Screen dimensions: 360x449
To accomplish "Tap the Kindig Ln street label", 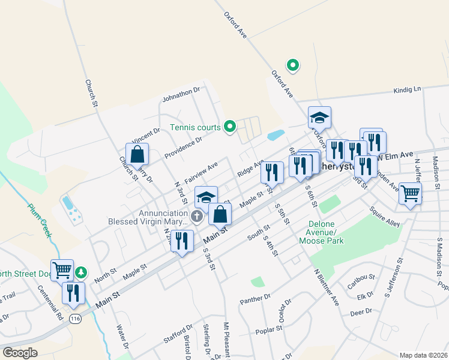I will coord(408,90).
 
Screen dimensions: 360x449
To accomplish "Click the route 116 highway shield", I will coord(74,317).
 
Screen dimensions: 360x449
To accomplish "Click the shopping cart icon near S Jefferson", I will coord(411,194).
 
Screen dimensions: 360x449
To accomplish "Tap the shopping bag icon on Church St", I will coord(137,154).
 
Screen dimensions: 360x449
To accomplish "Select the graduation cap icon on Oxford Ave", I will coord(320,118).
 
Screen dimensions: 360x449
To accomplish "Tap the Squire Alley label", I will coord(385,218).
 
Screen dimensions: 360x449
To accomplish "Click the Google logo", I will coord(20,353).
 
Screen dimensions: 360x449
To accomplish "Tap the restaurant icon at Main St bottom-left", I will coord(73,293).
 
